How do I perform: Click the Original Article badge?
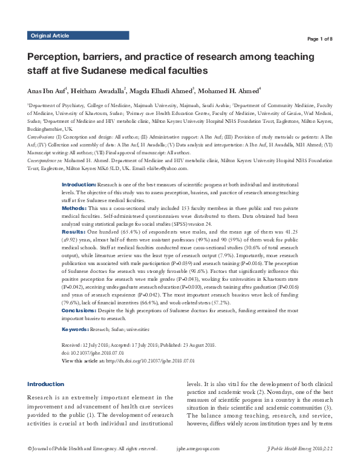(50, 36)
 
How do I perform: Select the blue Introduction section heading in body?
(46, 384)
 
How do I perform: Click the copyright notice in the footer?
(93, 449)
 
